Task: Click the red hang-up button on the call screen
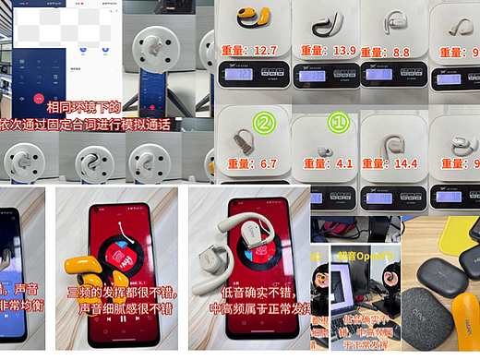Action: [x=39, y=96]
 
